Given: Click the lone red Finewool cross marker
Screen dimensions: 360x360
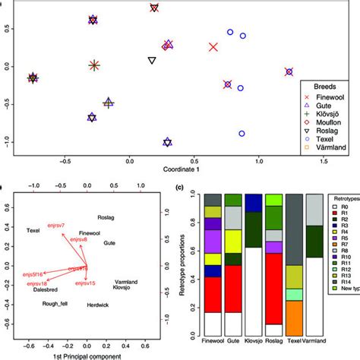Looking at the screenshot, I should [x=213, y=47].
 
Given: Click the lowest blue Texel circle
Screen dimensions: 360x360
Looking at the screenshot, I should [x=242, y=134].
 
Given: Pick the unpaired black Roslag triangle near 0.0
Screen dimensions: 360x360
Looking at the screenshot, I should [x=152, y=60].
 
